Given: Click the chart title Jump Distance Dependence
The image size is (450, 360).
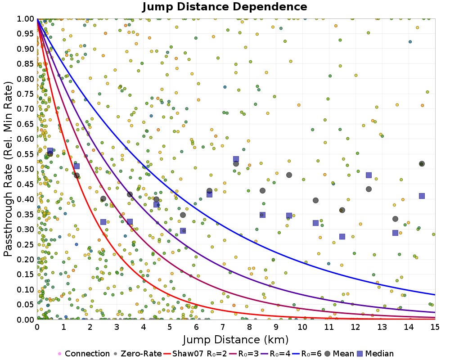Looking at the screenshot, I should (225, 7).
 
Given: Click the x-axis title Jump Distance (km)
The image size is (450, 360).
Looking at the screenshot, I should (236, 339).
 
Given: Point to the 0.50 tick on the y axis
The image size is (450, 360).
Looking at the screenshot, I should (28, 169).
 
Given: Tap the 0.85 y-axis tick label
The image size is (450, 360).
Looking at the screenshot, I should (28, 64).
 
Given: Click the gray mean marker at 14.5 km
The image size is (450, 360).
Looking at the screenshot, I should (422, 164).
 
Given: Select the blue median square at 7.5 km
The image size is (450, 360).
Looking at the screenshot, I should (236, 159).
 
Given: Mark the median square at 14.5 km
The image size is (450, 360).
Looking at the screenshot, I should (422, 196).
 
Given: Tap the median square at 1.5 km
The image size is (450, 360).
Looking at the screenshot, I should (76, 166).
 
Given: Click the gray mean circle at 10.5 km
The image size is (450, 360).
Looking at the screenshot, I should (315, 200).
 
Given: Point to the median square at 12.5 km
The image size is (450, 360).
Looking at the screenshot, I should (369, 175).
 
